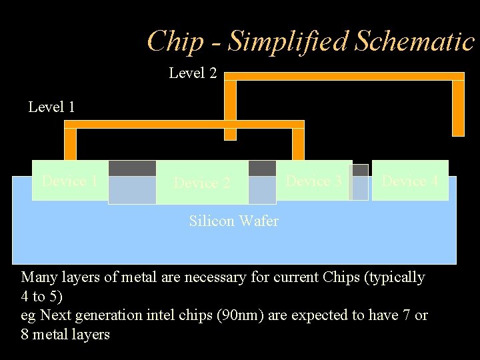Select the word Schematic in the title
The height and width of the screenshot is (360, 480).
[x=415, y=41]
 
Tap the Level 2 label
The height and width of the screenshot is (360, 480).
[x=193, y=73]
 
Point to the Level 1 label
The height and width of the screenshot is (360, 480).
[x=51, y=107]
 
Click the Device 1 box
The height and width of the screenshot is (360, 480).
[x=69, y=181]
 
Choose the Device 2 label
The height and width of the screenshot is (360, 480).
[x=202, y=183]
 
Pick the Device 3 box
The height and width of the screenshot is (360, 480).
[x=314, y=180]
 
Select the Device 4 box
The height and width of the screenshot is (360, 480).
[x=410, y=180]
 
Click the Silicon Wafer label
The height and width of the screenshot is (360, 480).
[x=233, y=221]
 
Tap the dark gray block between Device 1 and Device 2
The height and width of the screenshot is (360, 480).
[x=132, y=168]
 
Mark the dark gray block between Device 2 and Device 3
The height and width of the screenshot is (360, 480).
[x=262, y=168]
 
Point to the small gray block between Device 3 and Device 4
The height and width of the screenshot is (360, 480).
[x=360, y=170]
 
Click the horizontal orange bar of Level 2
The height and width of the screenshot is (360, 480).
[x=343, y=76]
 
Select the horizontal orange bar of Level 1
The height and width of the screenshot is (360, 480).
[x=184, y=124]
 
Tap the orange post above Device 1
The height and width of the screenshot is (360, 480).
[x=70, y=144]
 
